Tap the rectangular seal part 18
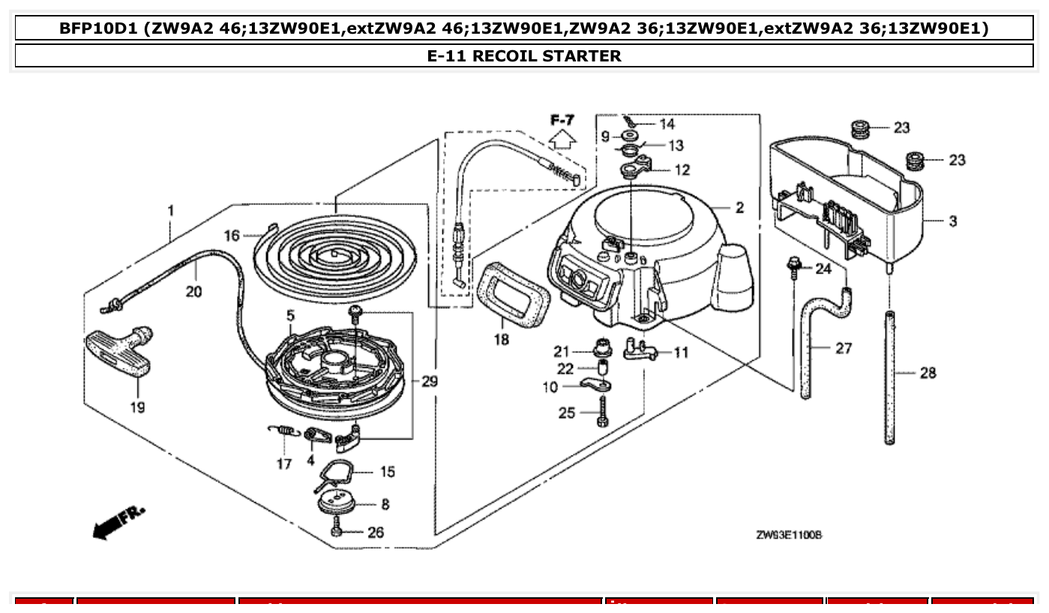[512, 294]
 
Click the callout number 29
[429, 381]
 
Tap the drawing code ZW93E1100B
[789, 535]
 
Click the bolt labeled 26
[337, 531]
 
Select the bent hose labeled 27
[812, 345]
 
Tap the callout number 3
[952, 221]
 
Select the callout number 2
[739, 208]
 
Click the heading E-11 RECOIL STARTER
[524, 56]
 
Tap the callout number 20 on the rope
[193, 292]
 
